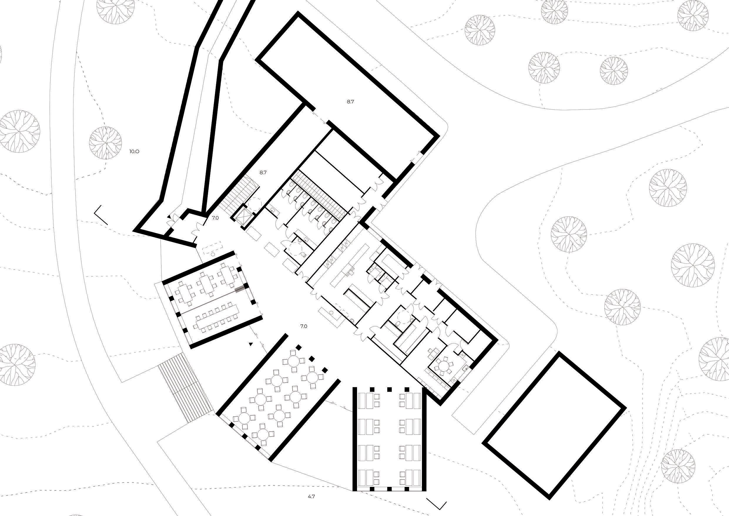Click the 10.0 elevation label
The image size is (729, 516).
coord(134,151)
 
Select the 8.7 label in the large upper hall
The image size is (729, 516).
coord(350,102)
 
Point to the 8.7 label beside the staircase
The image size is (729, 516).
coord(263,173)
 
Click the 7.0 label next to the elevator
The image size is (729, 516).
coord(215,218)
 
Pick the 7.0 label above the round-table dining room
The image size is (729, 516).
coord(304,326)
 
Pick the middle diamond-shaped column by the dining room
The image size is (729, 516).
coord(312,359)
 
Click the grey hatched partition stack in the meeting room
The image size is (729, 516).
coord(240,289)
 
